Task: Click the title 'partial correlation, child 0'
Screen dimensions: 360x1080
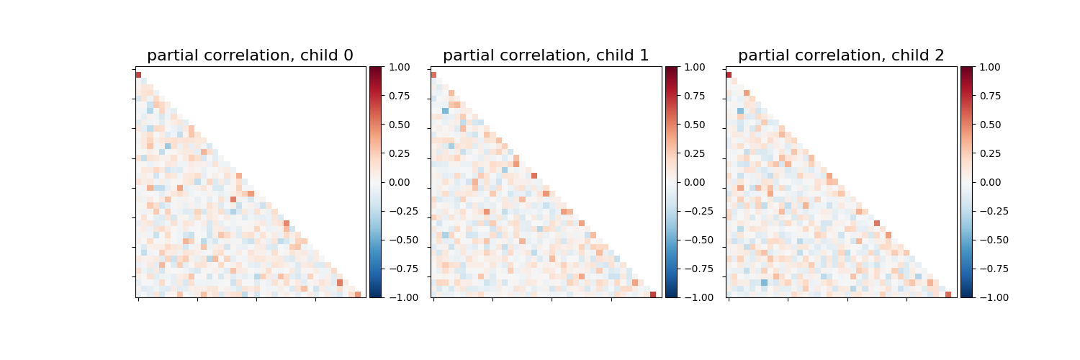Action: point(250,55)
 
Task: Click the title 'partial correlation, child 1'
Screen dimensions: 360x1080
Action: point(546,55)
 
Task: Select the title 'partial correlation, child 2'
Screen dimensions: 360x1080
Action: point(841,55)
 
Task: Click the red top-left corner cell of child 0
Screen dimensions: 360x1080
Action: point(138,75)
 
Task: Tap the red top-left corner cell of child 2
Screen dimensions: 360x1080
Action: point(729,75)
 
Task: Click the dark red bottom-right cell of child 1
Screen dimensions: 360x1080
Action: point(653,294)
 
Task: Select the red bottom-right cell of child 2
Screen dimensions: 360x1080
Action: point(948,294)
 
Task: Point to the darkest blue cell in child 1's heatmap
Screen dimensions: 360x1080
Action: point(445,110)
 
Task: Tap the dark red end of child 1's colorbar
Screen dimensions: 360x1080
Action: point(671,69)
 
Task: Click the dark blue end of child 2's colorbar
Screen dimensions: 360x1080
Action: point(966,294)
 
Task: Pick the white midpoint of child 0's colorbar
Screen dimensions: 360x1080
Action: point(376,182)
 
